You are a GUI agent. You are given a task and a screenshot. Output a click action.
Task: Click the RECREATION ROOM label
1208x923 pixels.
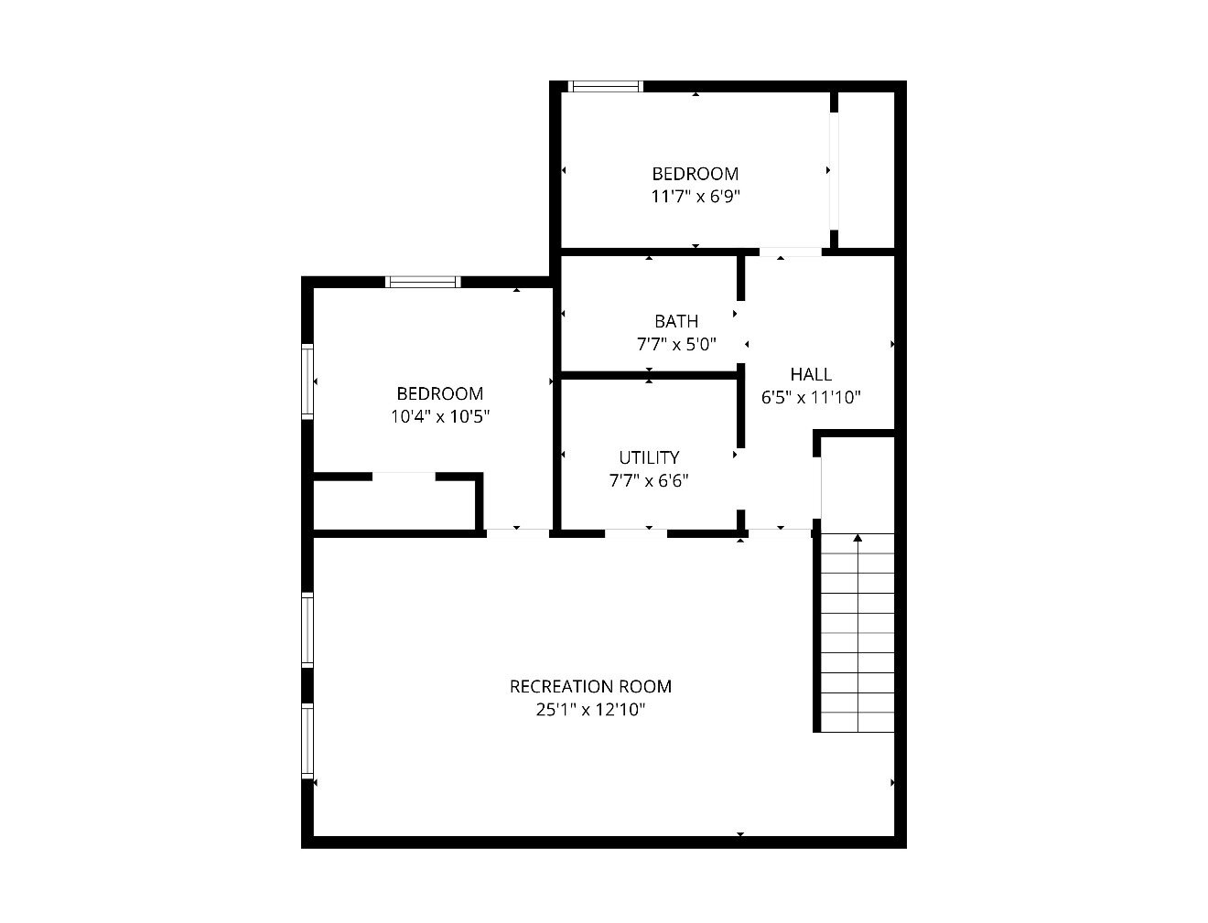point(590,686)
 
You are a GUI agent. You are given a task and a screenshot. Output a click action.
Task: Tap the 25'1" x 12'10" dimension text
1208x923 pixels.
point(590,710)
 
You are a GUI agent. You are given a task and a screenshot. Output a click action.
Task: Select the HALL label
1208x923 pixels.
point(811,374)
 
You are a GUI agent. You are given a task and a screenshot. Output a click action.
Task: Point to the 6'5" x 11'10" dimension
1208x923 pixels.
point(811,397)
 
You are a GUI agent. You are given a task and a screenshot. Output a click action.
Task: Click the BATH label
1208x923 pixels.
point(676,321)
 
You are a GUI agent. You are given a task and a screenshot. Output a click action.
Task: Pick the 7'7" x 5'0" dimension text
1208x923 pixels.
point(676,344)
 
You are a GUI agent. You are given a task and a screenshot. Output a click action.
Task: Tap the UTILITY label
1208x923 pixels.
point(649,457)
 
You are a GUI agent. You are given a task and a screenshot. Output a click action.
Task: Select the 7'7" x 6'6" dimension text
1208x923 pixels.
point(649,481)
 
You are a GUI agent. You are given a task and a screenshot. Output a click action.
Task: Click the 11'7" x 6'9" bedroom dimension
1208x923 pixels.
point(696,197)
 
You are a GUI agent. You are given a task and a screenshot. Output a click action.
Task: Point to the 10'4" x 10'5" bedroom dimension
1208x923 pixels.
point(440,416)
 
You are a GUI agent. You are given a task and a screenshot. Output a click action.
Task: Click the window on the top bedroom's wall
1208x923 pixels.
point(606,86)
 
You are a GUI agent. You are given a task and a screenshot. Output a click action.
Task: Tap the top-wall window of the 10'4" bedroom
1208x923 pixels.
point(423,282)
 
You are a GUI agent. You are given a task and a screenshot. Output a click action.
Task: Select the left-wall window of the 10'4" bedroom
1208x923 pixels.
point(307,381)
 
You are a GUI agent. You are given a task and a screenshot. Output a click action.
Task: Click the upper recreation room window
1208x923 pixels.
point(307,630)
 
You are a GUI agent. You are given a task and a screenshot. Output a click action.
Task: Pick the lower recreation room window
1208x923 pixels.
point(307,740)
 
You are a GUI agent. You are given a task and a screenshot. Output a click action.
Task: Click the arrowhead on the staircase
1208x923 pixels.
point(857,537)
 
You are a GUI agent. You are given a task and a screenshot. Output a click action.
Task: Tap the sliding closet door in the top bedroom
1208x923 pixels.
point(835,170)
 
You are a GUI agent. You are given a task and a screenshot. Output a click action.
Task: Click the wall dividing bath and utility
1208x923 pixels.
point(649,375)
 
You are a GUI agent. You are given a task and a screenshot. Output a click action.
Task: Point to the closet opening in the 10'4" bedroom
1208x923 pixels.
point(404,477)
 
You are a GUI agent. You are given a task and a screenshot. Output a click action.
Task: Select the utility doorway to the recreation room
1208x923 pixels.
point(636,533)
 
